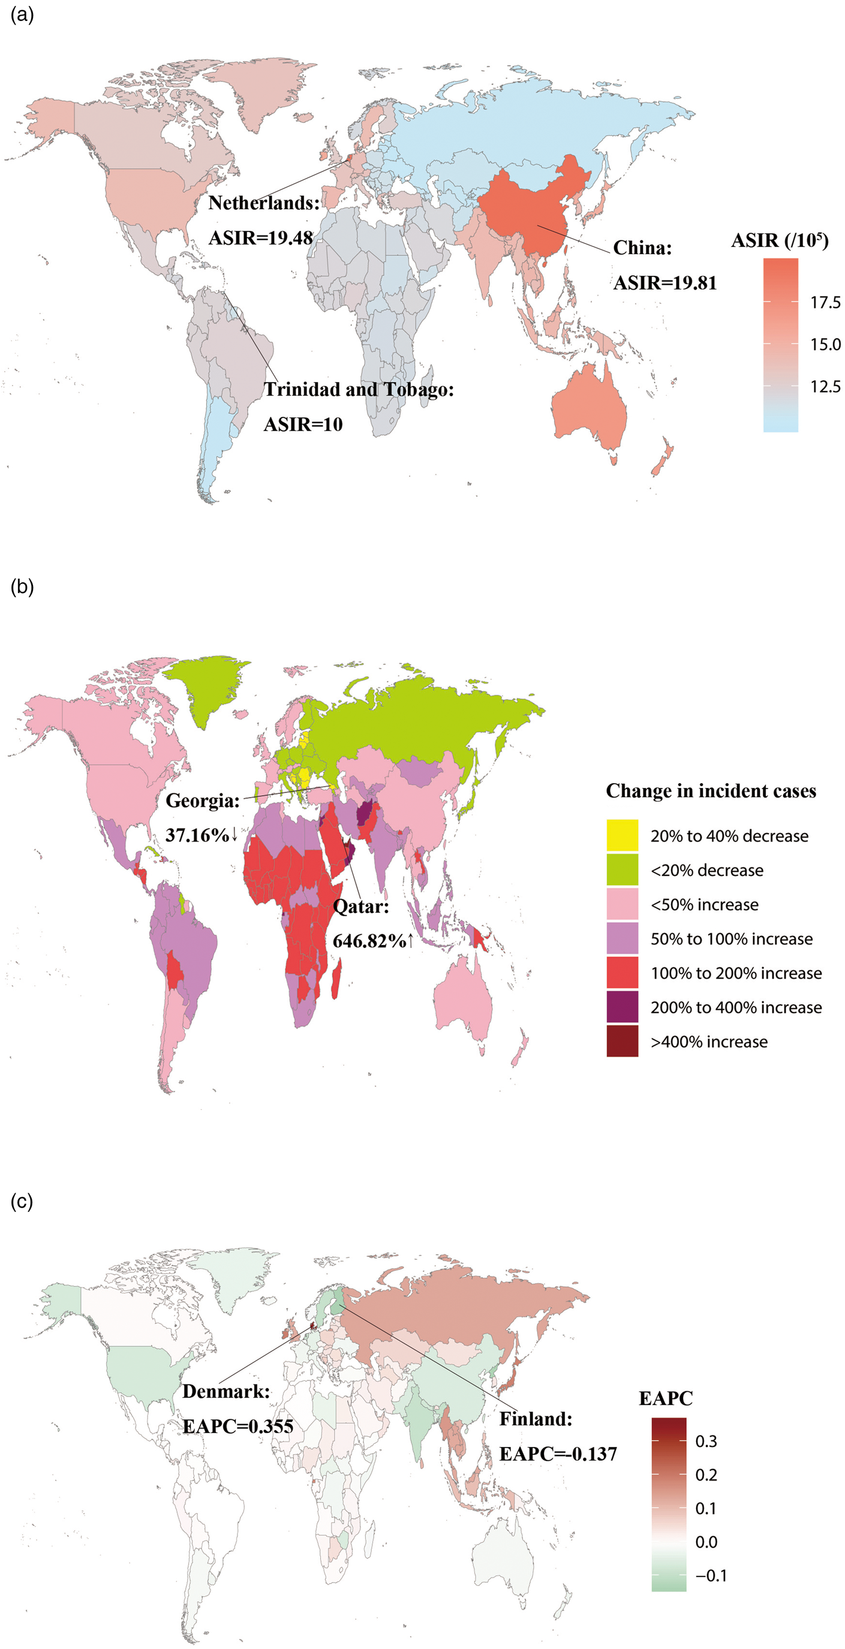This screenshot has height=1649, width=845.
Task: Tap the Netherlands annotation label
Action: tap(264, 203)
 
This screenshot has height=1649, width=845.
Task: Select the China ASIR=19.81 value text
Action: tap(664, 283)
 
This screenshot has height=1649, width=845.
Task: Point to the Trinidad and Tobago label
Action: tap(359, 389)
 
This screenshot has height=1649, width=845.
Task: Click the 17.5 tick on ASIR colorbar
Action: tap(825, 303)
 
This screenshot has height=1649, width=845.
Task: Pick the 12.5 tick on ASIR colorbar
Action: tap(825, 387)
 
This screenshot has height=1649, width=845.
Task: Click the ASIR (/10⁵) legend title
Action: tap(779, 240)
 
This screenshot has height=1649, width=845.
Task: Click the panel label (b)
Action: tap(22, 586)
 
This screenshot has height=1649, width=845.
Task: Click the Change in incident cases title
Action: tap(711, 791)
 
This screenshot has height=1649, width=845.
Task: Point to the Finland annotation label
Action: tap(536, 1419)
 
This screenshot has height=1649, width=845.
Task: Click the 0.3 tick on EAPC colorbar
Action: tap(705, 1441)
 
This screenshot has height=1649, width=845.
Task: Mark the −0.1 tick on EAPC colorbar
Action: tap(711, 1575)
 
